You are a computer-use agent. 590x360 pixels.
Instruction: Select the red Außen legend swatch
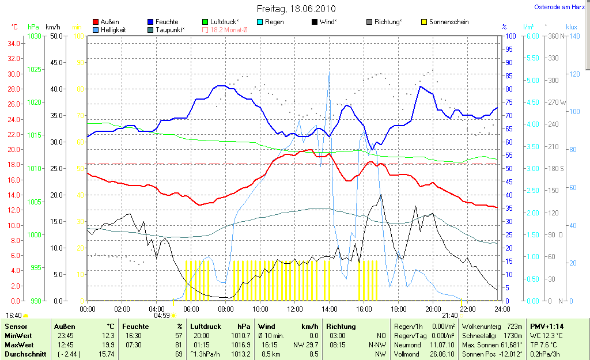point(96,22)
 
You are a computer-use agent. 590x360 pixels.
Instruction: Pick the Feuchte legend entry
point(167,22)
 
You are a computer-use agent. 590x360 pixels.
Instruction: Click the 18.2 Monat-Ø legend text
point(229,29)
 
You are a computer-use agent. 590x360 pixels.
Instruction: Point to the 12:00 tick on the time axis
point(294,309)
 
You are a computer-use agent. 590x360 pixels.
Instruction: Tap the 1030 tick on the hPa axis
point(35,36)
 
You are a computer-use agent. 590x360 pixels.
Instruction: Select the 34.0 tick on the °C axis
point(14,43)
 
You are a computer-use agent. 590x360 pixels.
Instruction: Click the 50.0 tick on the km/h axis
point(56,36)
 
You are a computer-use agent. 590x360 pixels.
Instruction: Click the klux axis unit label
point(571,26)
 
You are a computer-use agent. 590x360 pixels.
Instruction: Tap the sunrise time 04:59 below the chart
point(161,316)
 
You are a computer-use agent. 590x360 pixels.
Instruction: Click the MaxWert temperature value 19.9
point(107,344)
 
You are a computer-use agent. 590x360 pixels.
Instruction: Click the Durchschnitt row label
point(25,354)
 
